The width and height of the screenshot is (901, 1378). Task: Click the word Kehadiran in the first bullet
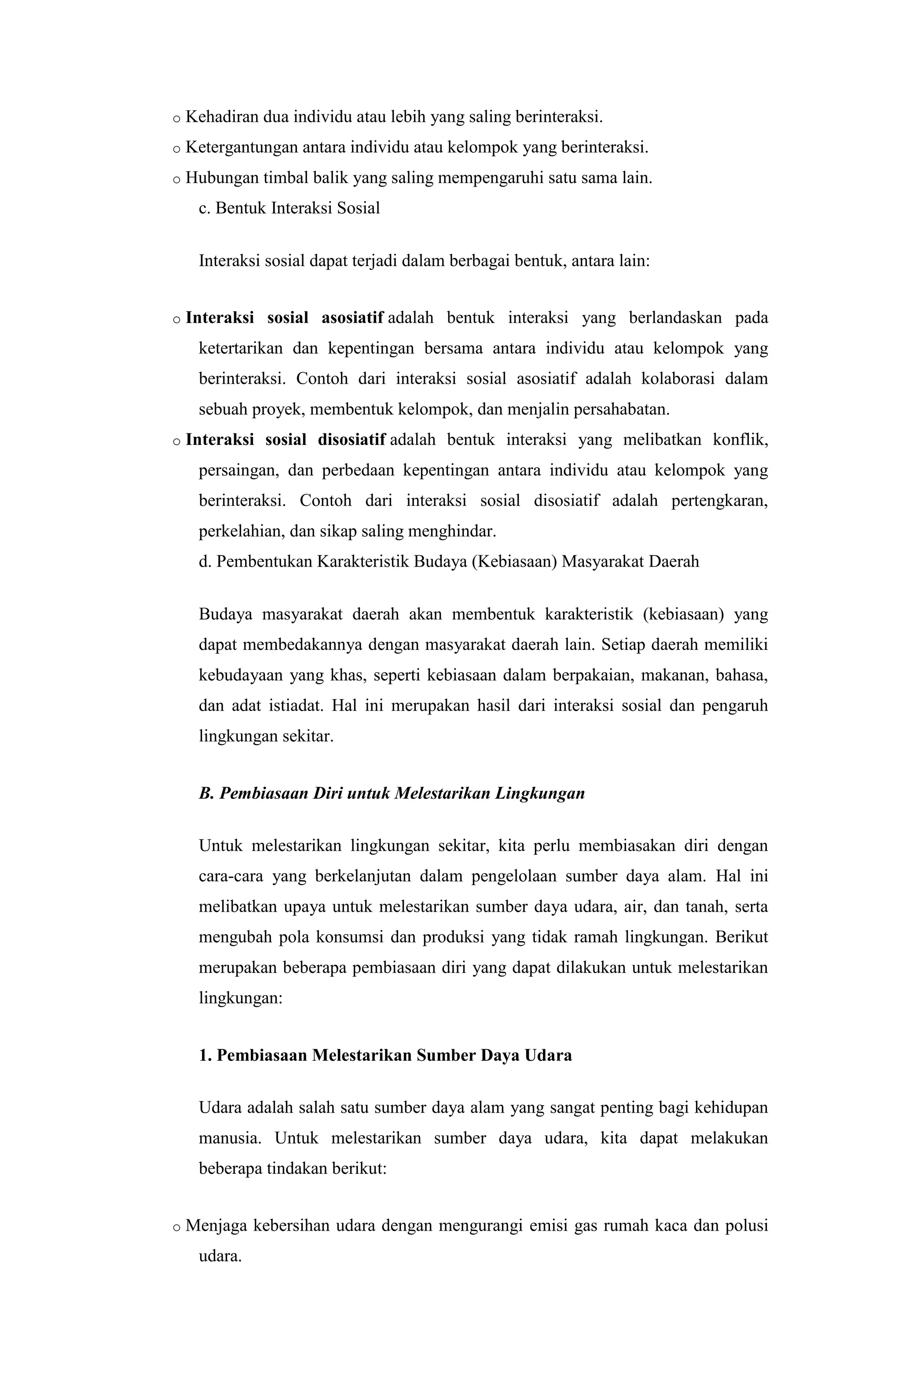(222, 117)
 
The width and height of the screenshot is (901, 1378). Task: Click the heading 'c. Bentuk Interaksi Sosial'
(289, 208)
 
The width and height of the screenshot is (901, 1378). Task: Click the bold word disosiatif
(352, 440)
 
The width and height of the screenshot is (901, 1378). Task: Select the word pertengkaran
(719, 500)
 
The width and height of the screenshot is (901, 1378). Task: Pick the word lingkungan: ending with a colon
(240, 997)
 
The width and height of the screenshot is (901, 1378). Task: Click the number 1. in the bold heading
(205, 1055)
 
